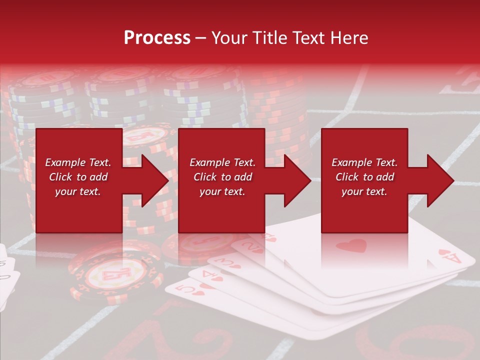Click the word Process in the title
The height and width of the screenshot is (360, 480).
tap(157, 38)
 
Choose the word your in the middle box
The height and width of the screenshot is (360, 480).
tap(210, 191)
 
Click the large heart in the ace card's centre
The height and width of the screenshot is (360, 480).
tap(351, 245)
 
